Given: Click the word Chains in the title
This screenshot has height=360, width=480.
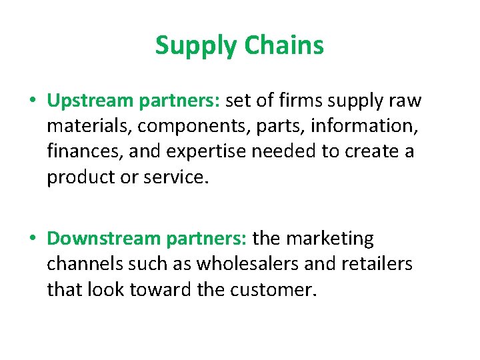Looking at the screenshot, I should [284, 45].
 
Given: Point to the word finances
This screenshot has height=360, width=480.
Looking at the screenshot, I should [81, 152].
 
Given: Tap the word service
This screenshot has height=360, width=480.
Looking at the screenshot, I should [175, 177].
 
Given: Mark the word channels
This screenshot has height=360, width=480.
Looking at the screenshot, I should [85, 264].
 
